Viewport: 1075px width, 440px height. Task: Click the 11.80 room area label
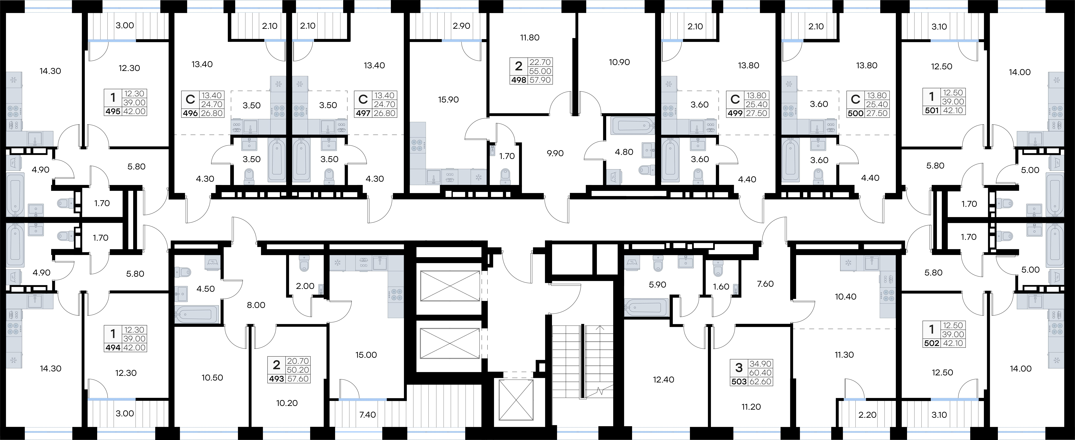click(530, 38)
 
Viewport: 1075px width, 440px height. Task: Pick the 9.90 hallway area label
click(555, 153)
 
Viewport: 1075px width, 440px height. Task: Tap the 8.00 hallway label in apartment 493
click(256, 305)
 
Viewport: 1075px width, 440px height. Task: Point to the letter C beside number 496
click(190, 100)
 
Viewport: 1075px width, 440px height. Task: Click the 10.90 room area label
click(619, 62)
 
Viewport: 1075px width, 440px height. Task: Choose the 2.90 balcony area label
click(462, 26)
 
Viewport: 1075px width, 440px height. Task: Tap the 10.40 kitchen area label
click(845, 297)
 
